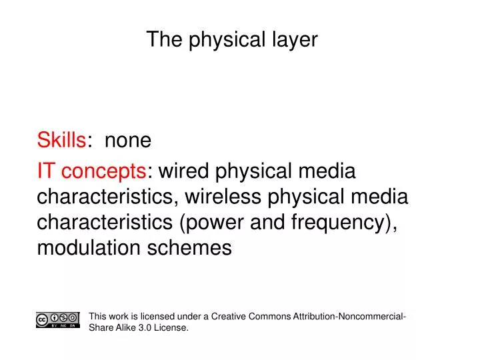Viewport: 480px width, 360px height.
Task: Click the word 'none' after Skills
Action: [128, 141]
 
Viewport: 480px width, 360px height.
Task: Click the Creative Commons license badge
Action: [59, 320]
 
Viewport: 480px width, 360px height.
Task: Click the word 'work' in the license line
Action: [117, 317]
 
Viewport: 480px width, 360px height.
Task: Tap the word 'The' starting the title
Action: [160, 40]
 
